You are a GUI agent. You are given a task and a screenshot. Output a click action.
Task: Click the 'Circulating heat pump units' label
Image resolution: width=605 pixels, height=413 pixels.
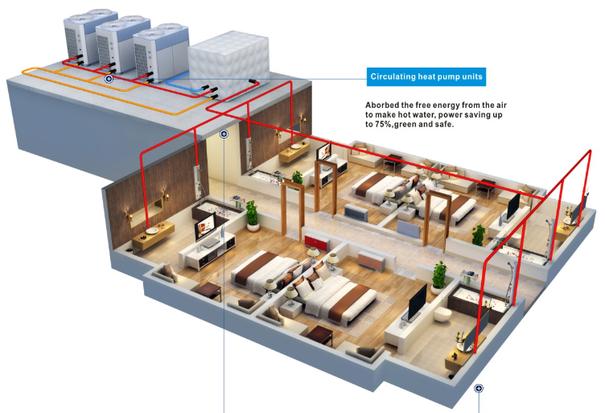click(x=426, y=77)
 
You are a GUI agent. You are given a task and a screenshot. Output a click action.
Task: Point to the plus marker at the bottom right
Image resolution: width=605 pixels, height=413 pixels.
click(x=479, y=388)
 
